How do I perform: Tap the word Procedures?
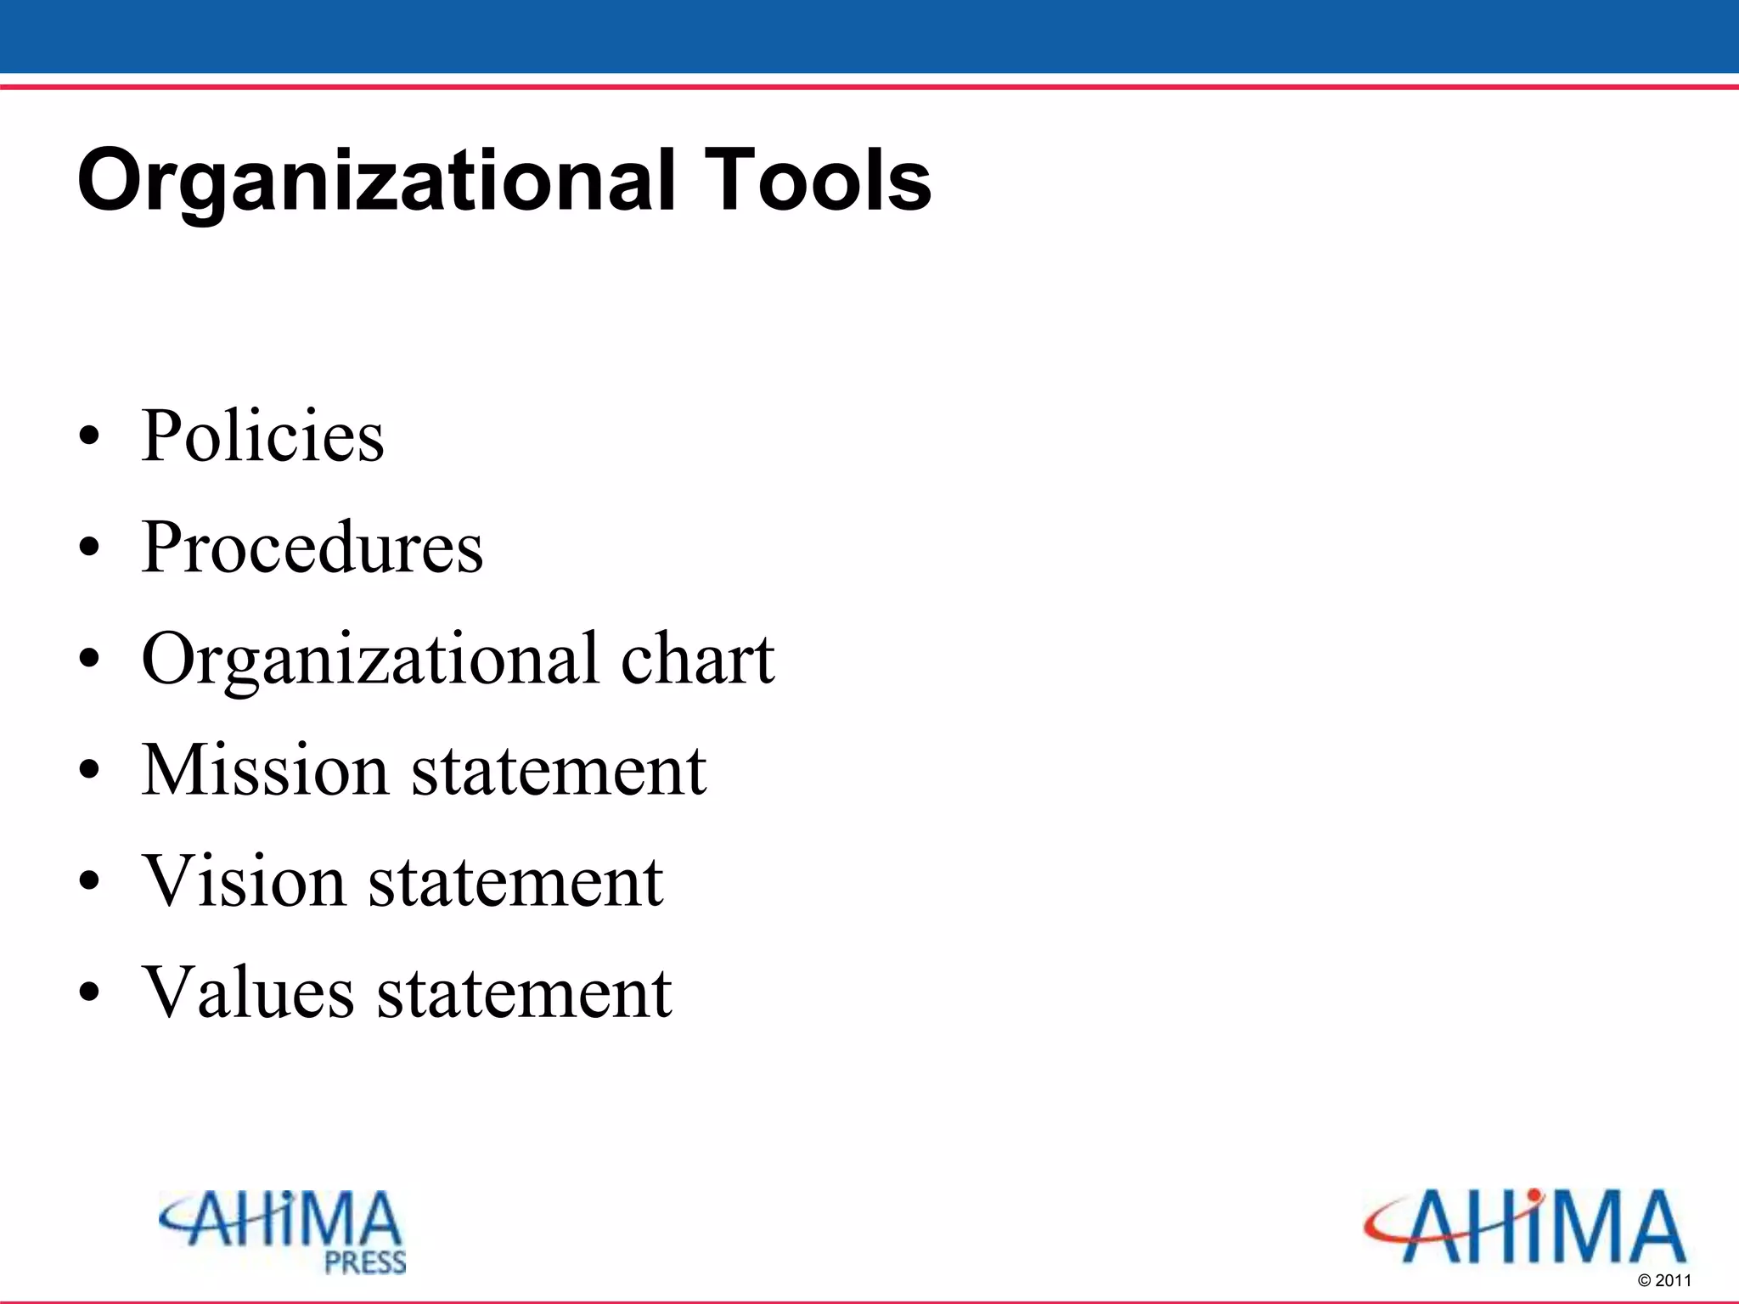pos(312,548)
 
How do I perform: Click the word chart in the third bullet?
pos(697,659)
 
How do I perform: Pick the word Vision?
pos(244,881)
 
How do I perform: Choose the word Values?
pos(248,992)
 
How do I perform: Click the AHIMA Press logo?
pos(284,1231)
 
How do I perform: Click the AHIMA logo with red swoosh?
pos(1525,1227)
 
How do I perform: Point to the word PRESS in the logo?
pos(365,1262)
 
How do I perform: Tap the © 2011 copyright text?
pos(1664,1280)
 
